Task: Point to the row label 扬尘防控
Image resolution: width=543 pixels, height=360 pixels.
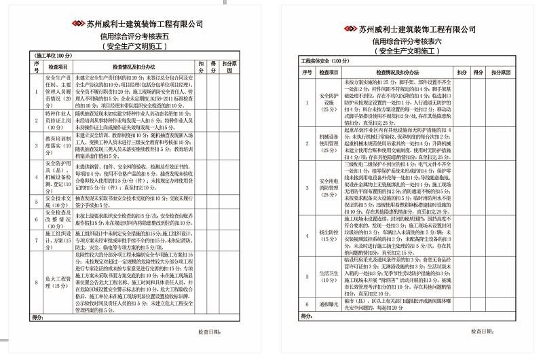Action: [x=329, y=235]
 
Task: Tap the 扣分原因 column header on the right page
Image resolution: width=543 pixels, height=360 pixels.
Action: [x=501, y=72]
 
